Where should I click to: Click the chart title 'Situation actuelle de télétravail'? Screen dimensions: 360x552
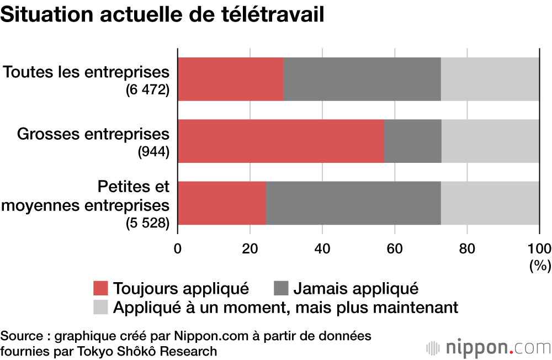point(162,15)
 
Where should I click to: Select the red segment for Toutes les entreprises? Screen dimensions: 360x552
point(231,79)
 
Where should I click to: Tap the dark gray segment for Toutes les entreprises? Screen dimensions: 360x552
point(362,79)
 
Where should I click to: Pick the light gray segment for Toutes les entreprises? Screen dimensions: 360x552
point(490,79)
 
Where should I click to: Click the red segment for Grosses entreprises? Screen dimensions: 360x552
point(280,141)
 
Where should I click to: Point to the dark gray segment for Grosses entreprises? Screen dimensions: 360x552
point(413,141)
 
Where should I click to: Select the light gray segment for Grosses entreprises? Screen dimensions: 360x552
point(490,141)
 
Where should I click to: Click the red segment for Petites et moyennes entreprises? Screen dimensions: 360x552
point(222,203)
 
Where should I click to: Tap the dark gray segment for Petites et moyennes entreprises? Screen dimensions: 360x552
point(353,203)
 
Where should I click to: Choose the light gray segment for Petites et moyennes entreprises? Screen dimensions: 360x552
point(490,203)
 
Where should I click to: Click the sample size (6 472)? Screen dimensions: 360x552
point(147,90)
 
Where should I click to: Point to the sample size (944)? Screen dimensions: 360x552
point(153,152)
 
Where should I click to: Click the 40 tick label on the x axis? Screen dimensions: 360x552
point(322,248)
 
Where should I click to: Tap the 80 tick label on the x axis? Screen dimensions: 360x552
point(467,248)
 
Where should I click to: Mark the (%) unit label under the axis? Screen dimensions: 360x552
point(540,266)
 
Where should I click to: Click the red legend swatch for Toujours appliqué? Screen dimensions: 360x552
point(100,288)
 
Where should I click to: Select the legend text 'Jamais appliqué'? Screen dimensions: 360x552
point(355,288)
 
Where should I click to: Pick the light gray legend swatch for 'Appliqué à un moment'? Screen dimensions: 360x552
point(100,307)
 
